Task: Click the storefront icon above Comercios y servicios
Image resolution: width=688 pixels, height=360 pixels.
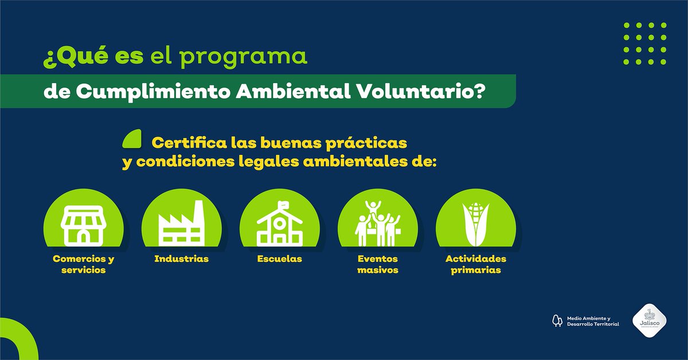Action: tap(84, 225)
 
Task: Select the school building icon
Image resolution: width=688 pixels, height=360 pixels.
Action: tap(279, 226)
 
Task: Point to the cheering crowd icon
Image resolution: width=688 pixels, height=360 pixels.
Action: tap(377, 224)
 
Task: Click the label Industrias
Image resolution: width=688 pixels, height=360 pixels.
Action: tap(181, 259)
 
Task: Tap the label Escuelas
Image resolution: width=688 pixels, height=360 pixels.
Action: tap(279, 259)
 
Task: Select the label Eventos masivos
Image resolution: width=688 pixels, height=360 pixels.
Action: tap(377, 264)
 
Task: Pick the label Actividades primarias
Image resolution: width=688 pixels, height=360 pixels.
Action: tap(475, 264)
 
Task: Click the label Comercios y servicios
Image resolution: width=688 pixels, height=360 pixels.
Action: tap(83, 264)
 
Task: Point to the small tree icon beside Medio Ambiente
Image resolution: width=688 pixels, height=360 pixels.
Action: tap(556, 320)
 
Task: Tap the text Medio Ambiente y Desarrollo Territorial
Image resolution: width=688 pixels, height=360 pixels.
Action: tap(592, 320)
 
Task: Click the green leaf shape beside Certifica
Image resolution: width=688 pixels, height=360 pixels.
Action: tap(132, 139)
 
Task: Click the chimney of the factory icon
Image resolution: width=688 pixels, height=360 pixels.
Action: tap(198, 213)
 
